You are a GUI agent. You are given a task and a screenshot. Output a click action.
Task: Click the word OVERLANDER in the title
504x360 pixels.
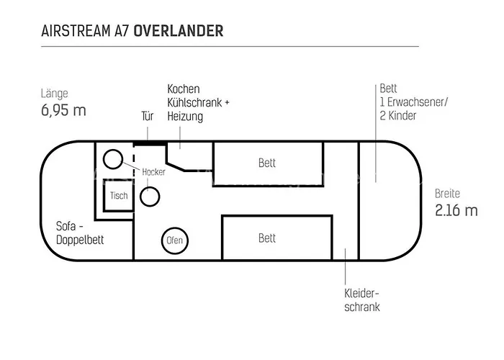pos(179,31)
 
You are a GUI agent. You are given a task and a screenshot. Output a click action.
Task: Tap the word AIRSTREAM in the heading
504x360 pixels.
pos(77,31)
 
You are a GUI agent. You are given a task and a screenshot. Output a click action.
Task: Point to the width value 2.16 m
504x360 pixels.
pos(456,210)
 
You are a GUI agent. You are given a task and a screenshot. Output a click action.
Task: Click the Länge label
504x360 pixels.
pos(55,94)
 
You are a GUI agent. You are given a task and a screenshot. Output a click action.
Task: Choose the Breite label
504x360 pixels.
pos(447,194)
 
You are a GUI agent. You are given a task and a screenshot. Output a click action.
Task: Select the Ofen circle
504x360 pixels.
pos(175,240)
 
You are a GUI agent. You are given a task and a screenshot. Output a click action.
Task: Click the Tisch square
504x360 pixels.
pos(119,196)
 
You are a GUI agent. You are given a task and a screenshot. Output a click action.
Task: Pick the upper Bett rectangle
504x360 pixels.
pos(267,163)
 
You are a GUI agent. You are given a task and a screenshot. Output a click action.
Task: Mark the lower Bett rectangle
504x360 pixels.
pos(267,238)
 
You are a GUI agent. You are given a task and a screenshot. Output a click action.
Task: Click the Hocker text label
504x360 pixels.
pos(154,172)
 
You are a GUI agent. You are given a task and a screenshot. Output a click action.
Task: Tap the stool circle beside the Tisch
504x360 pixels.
pos(150,195)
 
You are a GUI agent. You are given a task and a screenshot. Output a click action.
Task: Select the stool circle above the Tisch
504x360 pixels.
pos(112,159)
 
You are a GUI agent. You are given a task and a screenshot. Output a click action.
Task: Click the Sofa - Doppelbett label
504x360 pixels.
pos(80,233)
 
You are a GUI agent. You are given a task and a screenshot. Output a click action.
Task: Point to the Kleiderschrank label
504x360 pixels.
pos(361,300)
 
